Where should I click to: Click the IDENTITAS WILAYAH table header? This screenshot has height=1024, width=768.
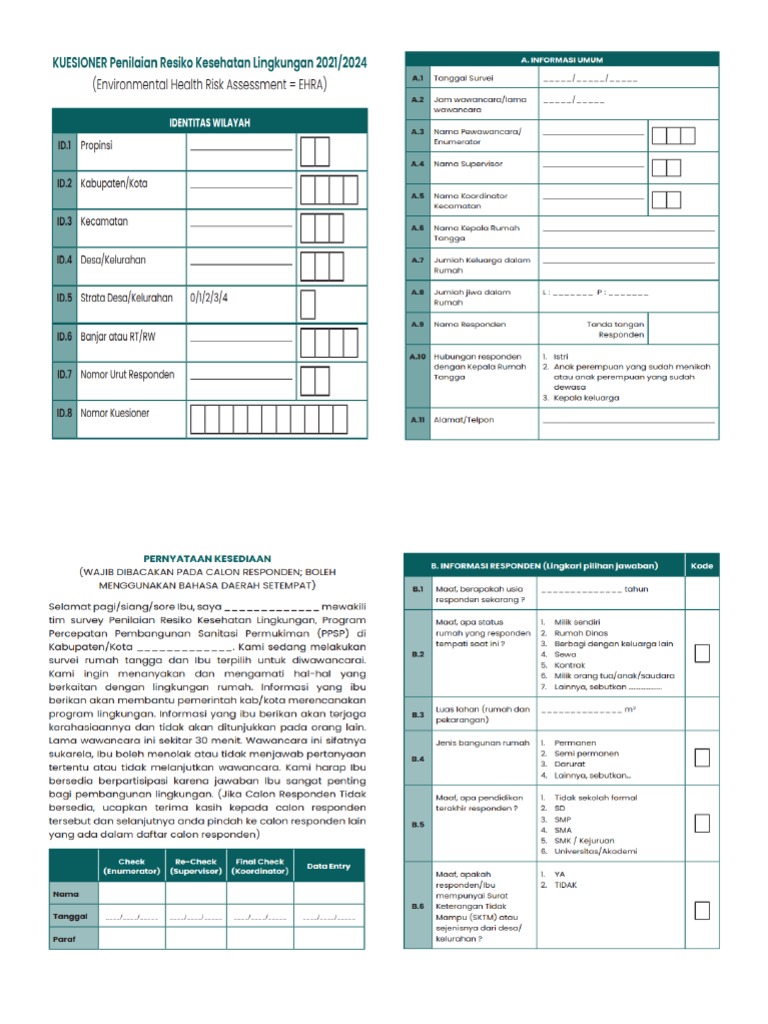(209, 122)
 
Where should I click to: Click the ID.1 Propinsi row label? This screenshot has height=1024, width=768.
(96, 146)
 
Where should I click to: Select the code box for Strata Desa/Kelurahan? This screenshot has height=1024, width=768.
(308, 299)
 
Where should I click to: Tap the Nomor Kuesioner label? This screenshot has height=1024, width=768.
(114, 413)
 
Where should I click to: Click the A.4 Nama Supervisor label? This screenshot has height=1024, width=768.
(468, 163)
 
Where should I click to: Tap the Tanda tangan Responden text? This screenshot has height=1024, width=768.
(615, 329)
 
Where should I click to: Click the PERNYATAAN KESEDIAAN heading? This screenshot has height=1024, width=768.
(208, 558)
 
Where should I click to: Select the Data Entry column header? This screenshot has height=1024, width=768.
(328, 866)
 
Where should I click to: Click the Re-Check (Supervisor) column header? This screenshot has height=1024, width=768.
(196, 866)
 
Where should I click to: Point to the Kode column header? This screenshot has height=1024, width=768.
(702, 567)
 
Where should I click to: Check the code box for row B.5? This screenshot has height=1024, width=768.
(702, 823)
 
